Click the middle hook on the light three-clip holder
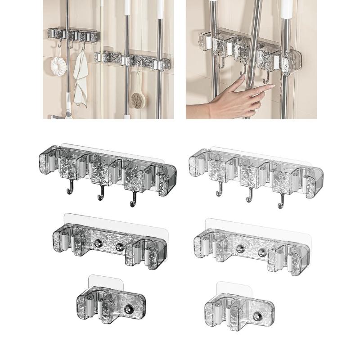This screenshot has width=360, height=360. point(248,196)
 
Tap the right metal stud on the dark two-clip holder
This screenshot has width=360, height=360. point(120,247)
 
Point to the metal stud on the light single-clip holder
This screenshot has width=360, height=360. point(257,316)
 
